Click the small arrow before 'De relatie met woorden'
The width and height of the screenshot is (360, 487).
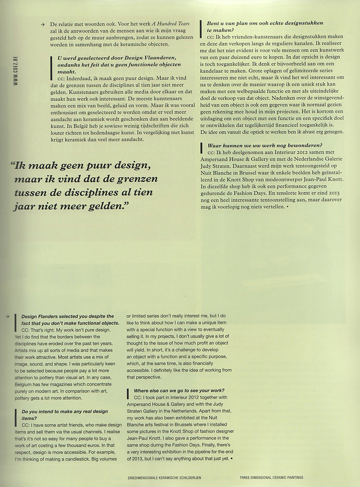(x=43, y=24)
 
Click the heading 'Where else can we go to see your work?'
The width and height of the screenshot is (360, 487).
(x=180, y=390)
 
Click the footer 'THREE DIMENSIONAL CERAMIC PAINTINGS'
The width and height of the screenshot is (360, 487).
(x=271, y=477)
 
